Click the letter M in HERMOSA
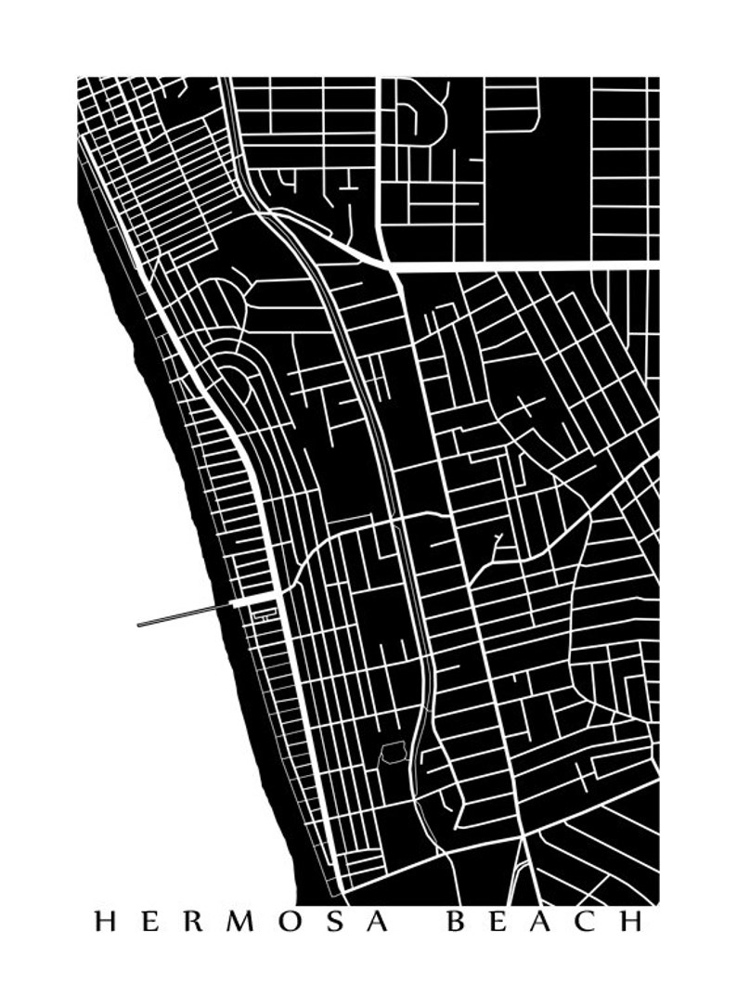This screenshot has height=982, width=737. (236, 922)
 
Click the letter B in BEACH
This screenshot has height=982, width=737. (458, 922)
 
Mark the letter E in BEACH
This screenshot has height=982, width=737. (500, 922)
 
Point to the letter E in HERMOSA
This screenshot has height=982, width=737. (149, 922)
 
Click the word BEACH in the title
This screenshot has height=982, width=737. (546, 922)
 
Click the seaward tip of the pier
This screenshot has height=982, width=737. (139, 625)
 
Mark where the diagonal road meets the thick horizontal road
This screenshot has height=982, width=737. (391, 265)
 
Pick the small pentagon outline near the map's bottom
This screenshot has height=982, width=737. (394, 752)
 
